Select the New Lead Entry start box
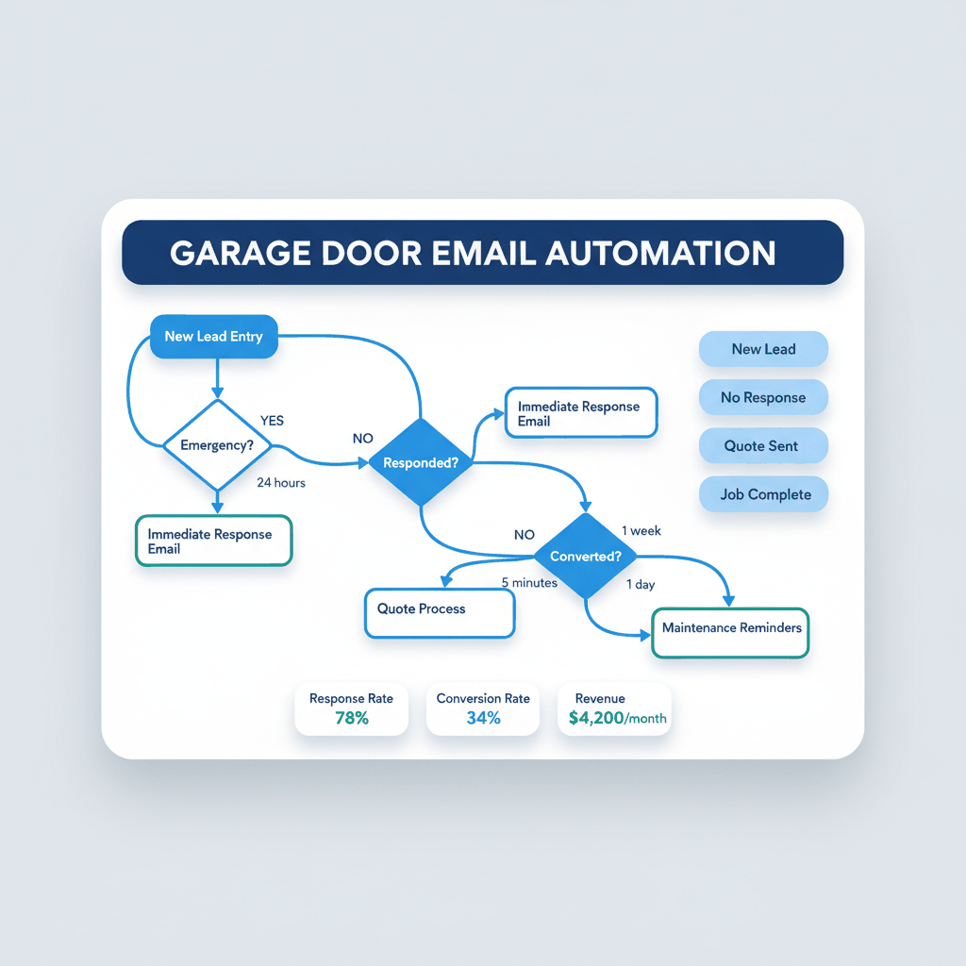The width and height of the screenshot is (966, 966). (214, 337)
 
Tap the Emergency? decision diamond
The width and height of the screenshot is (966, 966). (217, 445)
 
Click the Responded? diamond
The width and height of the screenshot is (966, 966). (421, 463)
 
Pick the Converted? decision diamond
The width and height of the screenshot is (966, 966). (586, 557)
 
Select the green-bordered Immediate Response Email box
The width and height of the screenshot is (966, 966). (213, 541)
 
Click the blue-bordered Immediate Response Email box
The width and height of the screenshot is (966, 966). (580, 413)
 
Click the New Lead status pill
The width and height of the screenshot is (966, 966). (763, 349)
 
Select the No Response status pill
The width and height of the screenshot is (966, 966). (763, 398)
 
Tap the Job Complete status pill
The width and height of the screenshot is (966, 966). (763, 494)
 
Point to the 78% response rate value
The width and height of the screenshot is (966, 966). (351, 718)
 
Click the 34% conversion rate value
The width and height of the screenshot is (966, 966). (483, 718)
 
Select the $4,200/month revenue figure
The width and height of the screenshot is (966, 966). (618, 718)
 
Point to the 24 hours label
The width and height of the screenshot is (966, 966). (281, 483)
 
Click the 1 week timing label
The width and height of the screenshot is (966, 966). (641, 531)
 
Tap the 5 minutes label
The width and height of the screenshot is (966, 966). (529, 583)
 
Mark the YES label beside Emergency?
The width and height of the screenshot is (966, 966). (272, 421)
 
